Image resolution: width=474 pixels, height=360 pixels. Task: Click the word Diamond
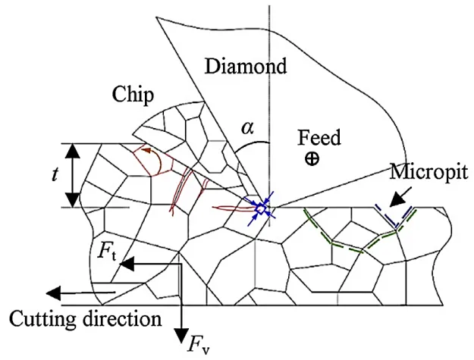(247, 67)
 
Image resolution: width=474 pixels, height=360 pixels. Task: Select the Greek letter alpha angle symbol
(249, 128)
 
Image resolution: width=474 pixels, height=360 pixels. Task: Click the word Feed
(319, 137)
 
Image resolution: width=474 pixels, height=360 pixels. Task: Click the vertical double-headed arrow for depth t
(73, 175)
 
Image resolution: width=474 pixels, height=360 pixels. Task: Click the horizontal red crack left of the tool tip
(231, 208)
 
